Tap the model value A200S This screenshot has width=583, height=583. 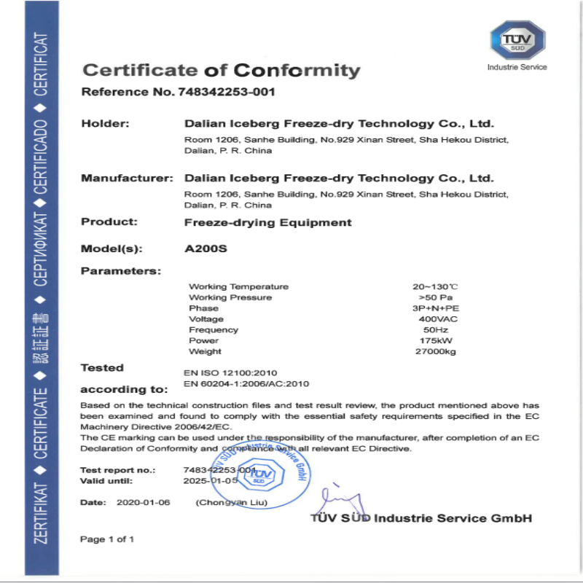(206, 249)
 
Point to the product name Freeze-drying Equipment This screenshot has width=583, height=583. (267, 222)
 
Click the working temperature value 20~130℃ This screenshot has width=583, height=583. (435, 286)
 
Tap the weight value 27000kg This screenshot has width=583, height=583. (435, 351)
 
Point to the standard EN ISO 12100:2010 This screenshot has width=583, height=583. (230, 372)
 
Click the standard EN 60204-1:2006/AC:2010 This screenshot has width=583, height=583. (247, 384)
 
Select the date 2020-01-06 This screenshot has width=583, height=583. (138, 503)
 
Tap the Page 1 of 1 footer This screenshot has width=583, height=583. (107, 539)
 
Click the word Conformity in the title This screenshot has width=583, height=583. (297, 71)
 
